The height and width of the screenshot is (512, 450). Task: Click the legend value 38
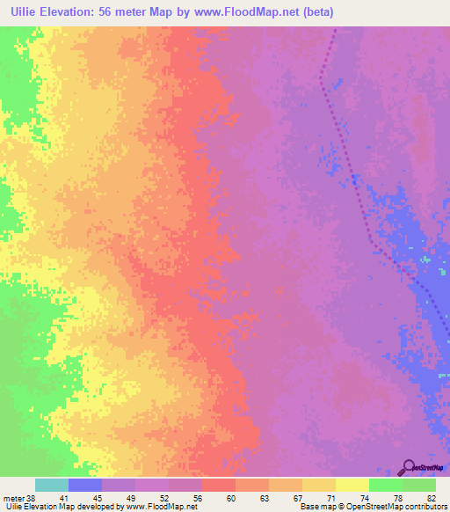33,497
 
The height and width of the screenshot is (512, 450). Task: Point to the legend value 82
432,497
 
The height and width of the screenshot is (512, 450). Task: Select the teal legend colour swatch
51,485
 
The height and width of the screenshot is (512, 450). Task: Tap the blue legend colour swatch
84,485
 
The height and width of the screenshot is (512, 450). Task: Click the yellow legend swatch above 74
352,485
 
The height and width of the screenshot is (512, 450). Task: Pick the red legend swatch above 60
218,485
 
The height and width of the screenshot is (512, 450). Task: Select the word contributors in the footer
425,507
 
